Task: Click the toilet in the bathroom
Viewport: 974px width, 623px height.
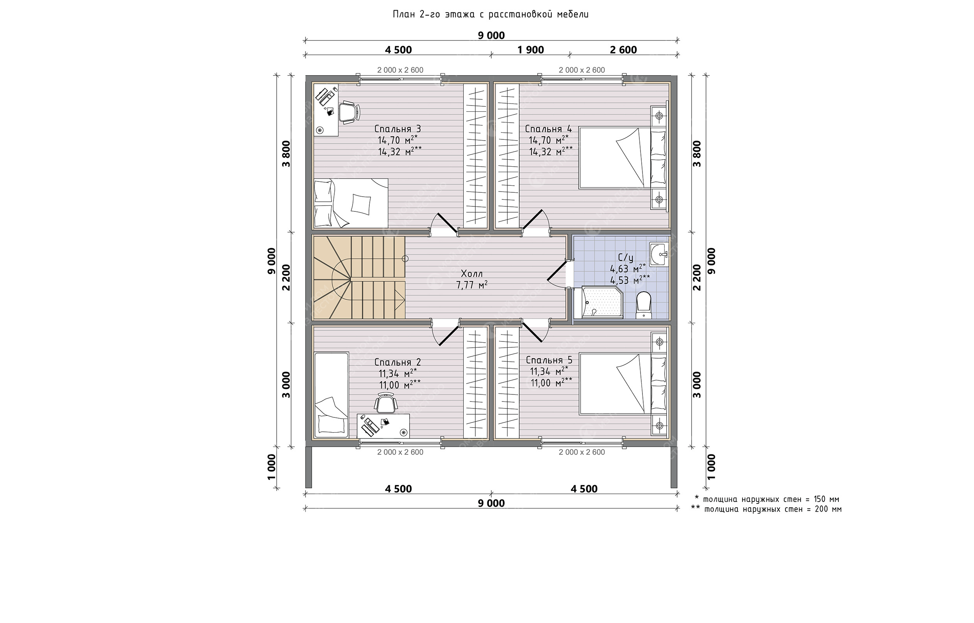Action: point(643,305)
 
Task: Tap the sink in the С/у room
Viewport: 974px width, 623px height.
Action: point(659,255)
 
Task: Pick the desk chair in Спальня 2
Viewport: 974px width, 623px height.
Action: point(386,402)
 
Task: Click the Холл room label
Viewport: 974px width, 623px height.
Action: point(472,274)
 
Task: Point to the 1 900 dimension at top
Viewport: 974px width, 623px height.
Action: point(531,50)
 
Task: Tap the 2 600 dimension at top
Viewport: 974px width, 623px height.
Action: point(623,50)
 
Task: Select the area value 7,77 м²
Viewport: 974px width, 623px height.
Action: point(472,285)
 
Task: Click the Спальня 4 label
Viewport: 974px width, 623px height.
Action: point(548,129)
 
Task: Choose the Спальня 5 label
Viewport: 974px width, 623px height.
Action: point(549,360)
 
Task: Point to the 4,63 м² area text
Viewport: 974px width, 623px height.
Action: point(628,269)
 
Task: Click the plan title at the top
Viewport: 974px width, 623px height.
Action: point(491,14)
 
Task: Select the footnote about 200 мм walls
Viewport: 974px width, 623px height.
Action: point(766,509)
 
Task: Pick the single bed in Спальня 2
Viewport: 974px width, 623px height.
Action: point(332,395)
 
